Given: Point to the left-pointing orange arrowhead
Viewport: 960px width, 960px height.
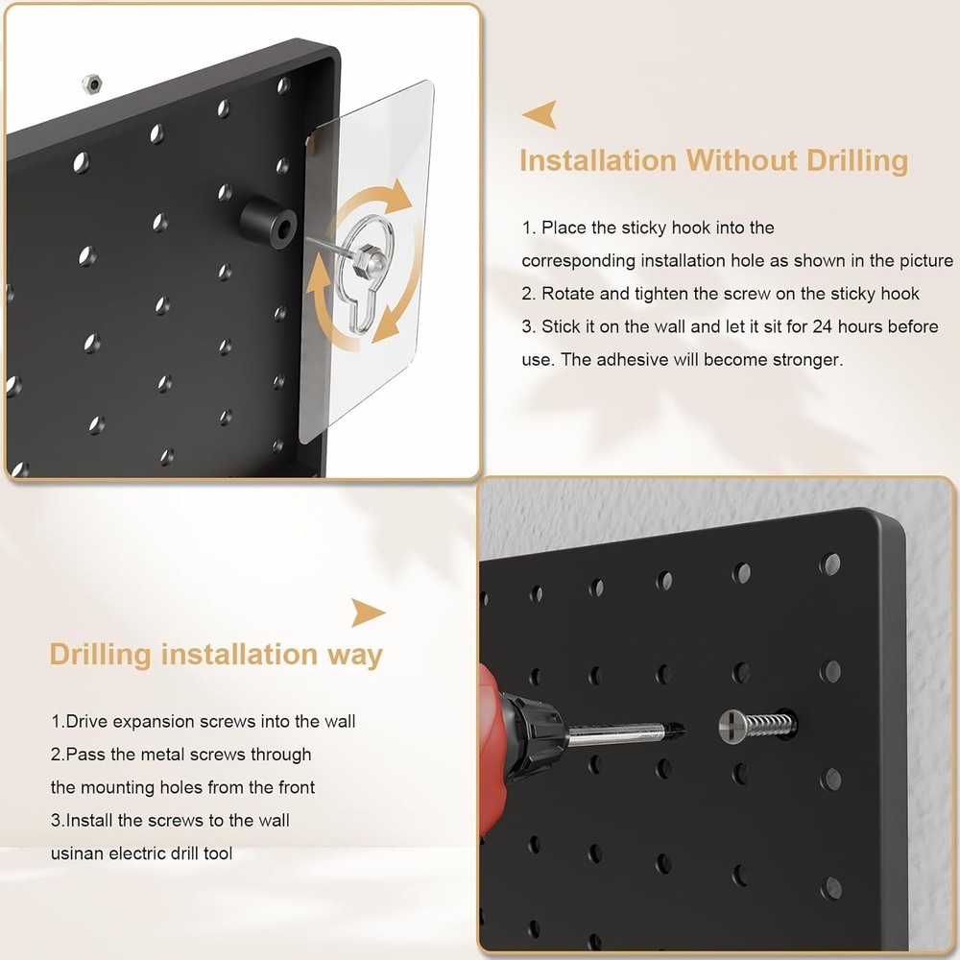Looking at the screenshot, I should click(x=539, y=116).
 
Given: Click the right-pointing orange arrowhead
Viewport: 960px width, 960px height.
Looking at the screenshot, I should click(x=368, y=612).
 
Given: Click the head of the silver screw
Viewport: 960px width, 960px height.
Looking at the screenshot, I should click(x=732, y=727).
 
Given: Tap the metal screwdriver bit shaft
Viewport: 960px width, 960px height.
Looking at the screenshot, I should click(x=624, y=734).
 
